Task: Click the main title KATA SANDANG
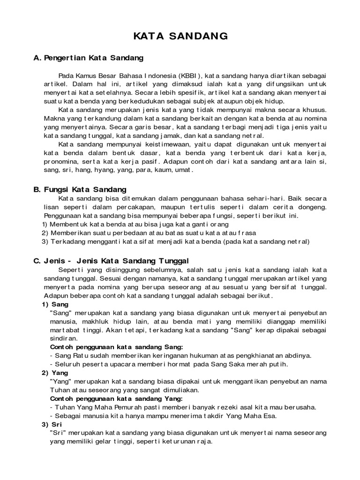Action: (x=180, y=36)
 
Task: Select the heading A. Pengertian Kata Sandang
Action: (x=88, y=58)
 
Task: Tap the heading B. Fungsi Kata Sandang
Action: (x=80, y=189)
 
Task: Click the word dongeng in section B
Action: (x=313, y=207)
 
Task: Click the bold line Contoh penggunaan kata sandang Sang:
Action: (x=116, y=347)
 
